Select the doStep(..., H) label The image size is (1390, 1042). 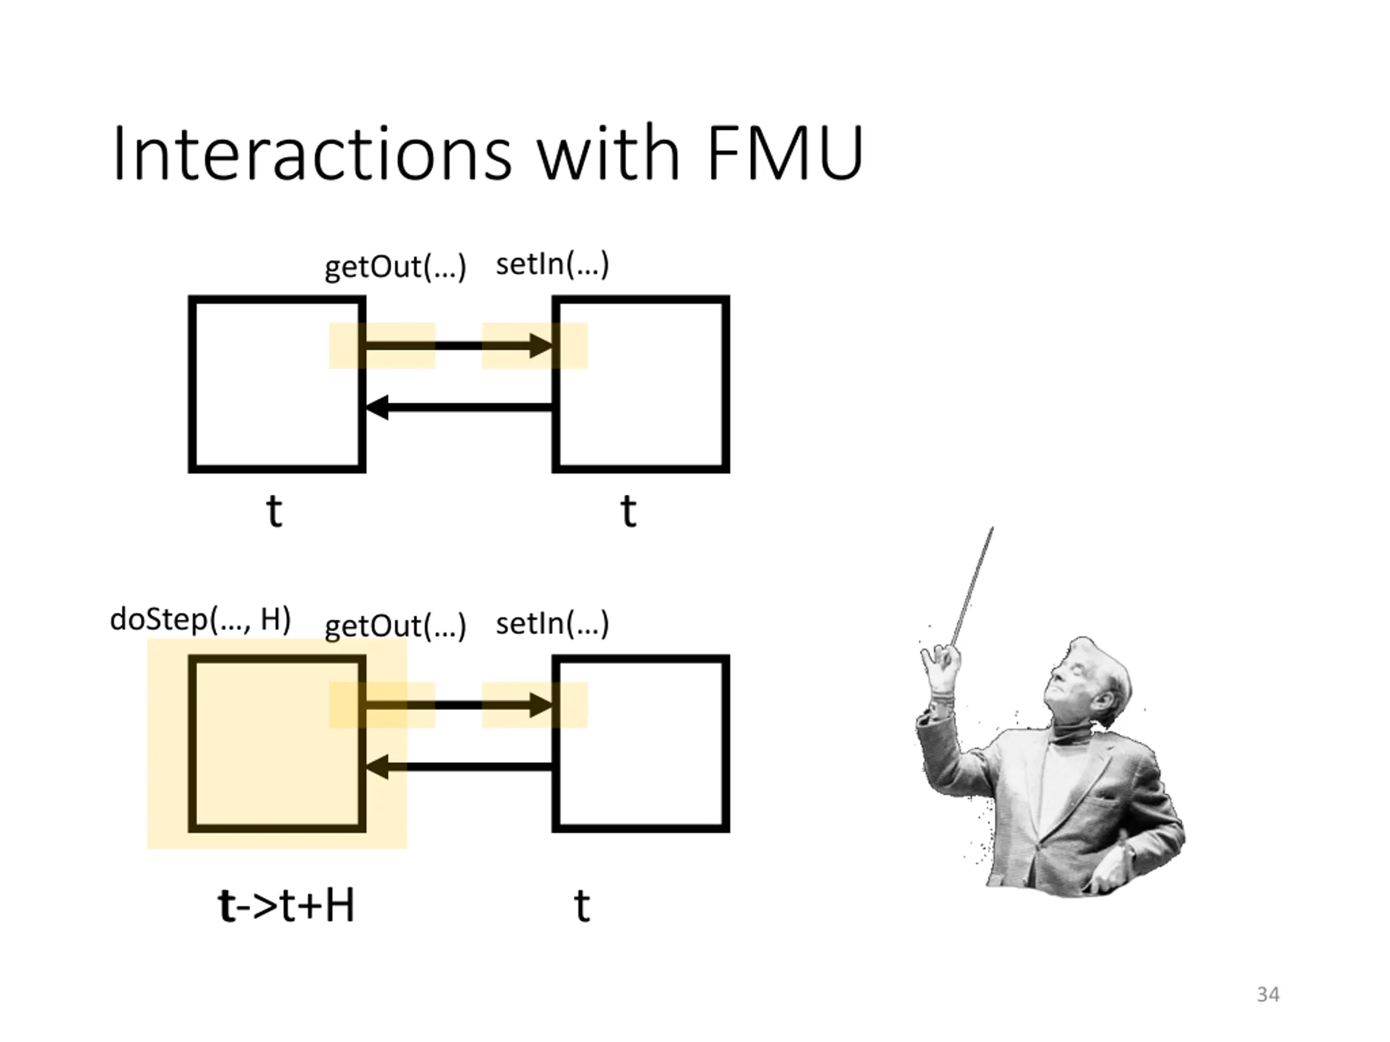click(x=200, y=620)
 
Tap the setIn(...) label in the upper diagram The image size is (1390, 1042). click(x=552, y=264)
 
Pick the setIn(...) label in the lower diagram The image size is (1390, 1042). click(x=552, y=624)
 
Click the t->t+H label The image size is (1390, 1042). click(x=287, y=906)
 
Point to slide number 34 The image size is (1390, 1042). click(x=1268, y=994)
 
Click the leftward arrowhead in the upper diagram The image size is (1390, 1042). click(x=377, y=407)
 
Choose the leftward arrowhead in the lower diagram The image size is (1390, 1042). click(x=377, y=767)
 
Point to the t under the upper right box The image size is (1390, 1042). click(x=628, y=511)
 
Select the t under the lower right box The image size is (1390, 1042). click(x=582, y=906)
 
